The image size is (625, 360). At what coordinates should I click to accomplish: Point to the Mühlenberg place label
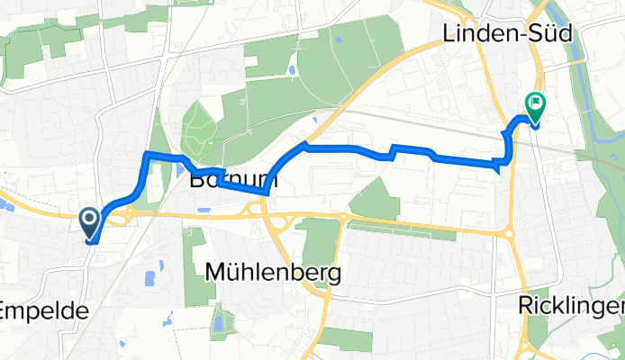274,272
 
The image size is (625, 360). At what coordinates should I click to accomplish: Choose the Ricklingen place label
571,306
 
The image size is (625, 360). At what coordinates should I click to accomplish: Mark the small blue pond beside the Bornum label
182,168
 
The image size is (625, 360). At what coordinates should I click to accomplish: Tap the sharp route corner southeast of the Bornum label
268,193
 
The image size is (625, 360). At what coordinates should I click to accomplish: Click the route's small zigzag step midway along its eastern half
393,151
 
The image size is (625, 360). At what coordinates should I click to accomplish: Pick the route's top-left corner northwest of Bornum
147,156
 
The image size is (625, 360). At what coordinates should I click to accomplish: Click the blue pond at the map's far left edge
6,206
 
